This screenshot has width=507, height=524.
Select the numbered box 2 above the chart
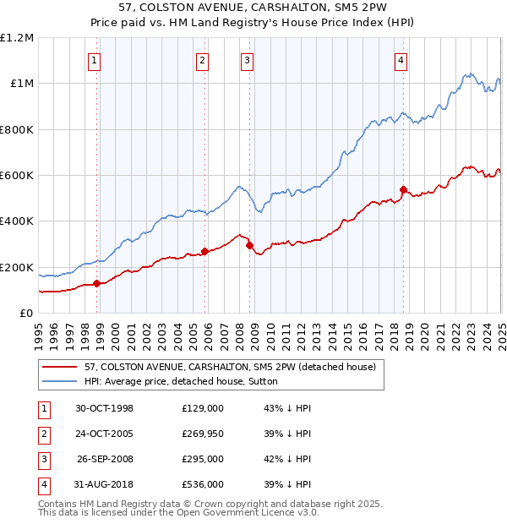(x=203, y=60)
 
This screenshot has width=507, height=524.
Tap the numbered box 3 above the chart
(x=247, y=60)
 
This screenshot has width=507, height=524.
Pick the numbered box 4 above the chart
(x=400, y=60)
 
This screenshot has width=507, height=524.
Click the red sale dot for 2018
(x=403, y=189)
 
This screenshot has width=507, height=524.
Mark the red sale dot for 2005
(x=205, y=251)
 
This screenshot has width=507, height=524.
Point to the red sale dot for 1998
(x=96, y=283)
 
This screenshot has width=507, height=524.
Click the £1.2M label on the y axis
(x=17, y=37)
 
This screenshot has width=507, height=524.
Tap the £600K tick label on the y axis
(x=17, y=176)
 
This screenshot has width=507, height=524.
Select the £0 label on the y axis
(x=25, y=314)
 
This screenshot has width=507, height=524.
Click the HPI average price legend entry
(x=181, y=381)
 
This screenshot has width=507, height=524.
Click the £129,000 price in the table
(x=203, y=408)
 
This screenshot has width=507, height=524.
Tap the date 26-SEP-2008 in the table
(x=105, y=459)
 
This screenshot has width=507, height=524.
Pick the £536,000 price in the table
(x=203, y=484)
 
